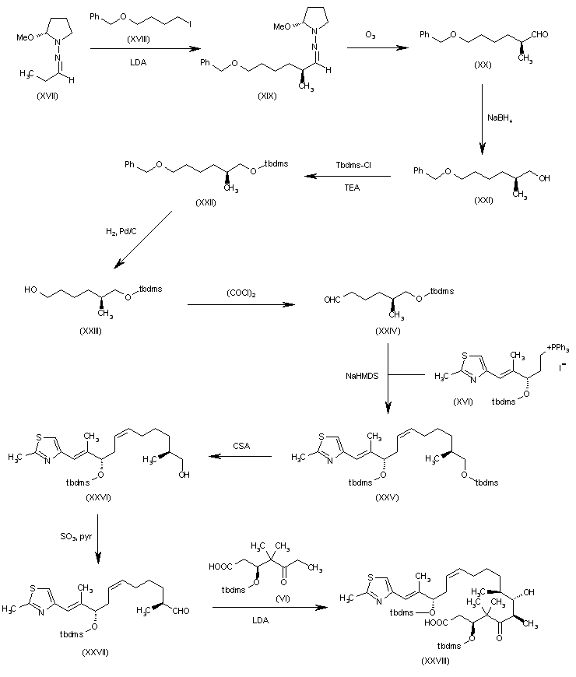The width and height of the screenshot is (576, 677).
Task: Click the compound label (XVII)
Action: pos(47,96)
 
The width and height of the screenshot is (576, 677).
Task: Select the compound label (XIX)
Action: pos(267,96)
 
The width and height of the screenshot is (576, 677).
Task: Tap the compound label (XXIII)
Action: pos(90,331)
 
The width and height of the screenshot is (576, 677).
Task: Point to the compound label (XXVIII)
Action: pos(435,661)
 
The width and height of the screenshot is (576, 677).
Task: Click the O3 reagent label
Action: pos(370,34)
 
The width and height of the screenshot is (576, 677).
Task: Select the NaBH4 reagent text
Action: pos(500,118)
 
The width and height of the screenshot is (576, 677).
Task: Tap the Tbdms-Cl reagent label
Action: pos(353,165)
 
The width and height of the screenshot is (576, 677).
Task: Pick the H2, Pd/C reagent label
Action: pos(121,231)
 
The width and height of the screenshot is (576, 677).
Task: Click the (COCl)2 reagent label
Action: pos(241,293)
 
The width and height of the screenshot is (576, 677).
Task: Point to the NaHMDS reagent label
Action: pos(362,376)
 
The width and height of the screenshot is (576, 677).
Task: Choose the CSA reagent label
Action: pos(241,446)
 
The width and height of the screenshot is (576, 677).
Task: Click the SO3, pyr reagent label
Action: pos(76,537)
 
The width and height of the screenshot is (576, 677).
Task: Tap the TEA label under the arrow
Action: pos(352,188)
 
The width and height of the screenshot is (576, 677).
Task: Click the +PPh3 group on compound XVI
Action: pos(558,348)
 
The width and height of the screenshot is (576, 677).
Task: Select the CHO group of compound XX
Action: pos(539,34)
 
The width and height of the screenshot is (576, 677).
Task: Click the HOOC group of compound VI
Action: pos(220,566)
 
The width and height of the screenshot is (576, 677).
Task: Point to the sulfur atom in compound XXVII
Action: pos(33,588)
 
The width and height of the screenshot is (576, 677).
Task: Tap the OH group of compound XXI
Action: pos(545,178)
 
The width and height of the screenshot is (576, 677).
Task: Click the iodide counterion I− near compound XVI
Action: pos(563,368)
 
